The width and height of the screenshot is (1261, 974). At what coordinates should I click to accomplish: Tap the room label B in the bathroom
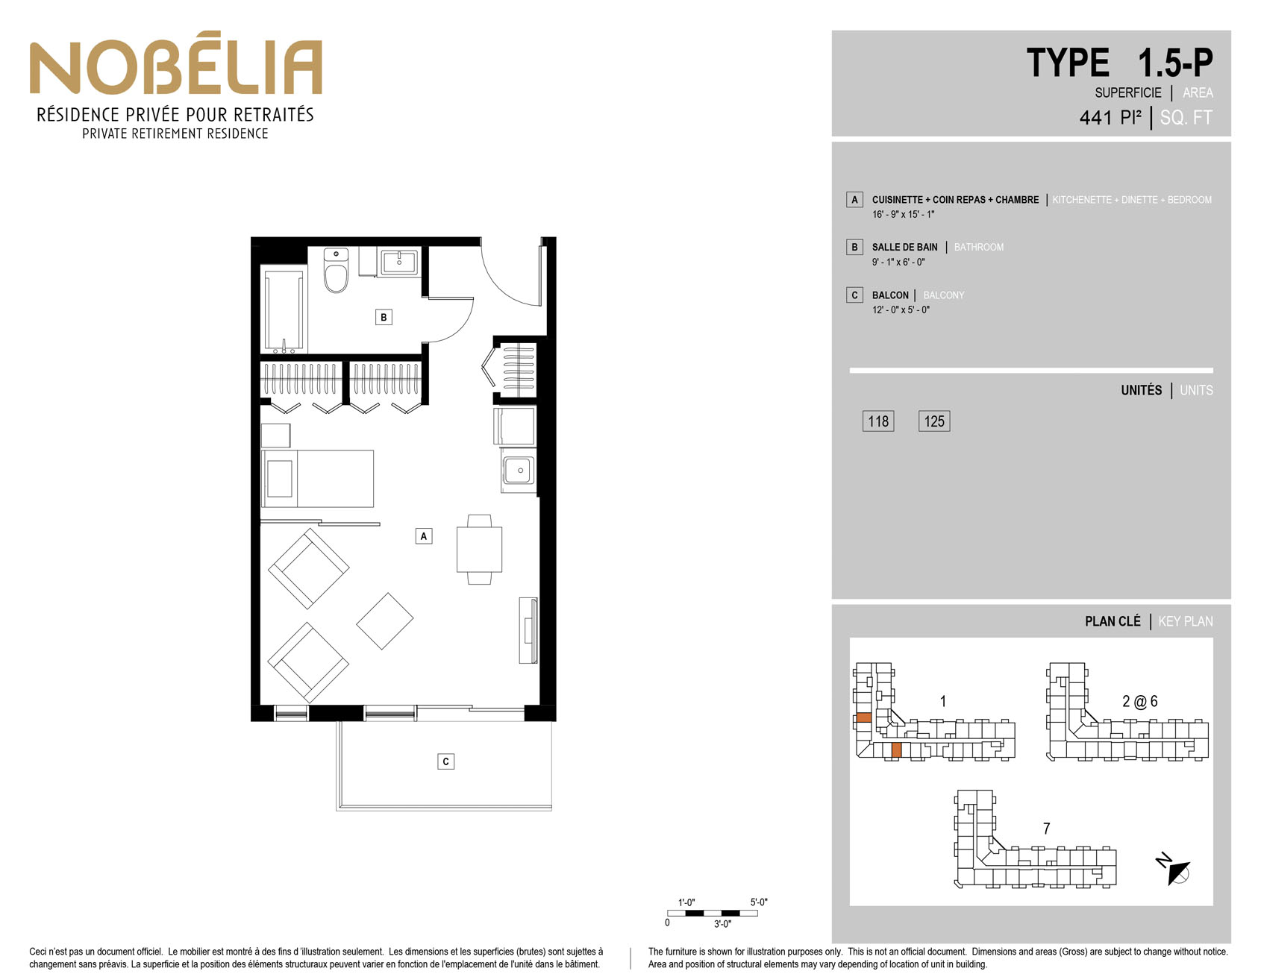[384, 317]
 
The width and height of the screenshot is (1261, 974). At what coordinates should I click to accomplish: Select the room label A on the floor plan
[424, 535]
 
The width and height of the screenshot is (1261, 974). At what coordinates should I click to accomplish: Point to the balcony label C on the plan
[445, 761]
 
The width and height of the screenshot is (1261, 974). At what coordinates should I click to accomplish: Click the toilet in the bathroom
[336, 270]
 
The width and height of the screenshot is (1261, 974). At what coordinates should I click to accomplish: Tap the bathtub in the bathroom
[284, 310]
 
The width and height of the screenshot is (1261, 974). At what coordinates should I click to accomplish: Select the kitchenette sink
[518, 471]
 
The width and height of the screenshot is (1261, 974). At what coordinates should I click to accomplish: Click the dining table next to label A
[479, 550]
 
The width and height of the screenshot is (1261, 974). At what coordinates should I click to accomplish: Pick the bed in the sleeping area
[317, 478]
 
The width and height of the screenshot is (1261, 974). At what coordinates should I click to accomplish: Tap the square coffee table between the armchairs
[385, 620]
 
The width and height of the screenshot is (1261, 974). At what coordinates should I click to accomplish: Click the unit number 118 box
[878, 421]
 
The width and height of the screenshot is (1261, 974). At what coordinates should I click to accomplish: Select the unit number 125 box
[934, 421]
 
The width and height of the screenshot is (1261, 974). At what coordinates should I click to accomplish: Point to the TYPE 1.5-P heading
[1119, 63]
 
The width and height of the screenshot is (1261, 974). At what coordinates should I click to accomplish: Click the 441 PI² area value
[1110, 118]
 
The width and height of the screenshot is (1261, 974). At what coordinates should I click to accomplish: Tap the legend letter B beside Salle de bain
[855, 247]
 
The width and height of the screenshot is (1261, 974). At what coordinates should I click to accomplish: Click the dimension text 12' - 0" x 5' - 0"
[901, 310]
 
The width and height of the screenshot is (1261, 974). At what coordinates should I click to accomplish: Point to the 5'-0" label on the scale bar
[759, 902]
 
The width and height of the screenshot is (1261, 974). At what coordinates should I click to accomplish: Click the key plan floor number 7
[1046, 829]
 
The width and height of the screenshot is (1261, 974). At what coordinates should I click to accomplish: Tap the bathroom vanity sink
[399, 262]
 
